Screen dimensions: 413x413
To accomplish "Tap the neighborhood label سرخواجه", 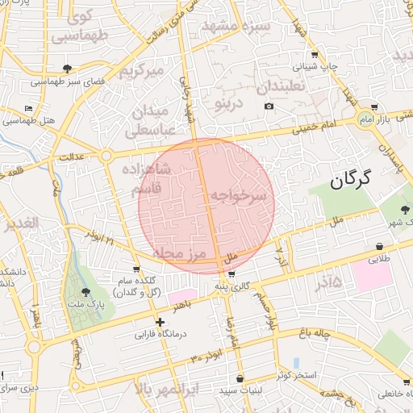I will [x=238, y=196].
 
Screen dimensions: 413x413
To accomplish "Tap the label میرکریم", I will [x=142, y=71].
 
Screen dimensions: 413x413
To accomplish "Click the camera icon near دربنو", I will [x=269, y=106].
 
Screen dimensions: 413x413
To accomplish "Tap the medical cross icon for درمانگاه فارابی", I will [x=160, y=323].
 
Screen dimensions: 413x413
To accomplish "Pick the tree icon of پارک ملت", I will [x=86, y=292].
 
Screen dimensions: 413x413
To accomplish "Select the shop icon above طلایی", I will [x=379, y=246].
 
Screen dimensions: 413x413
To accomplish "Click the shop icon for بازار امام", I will [x=374, y=106].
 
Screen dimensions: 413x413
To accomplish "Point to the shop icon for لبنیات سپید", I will [x=240, y=378].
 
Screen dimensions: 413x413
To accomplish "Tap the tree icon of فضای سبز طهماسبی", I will [x=67, y=69].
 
